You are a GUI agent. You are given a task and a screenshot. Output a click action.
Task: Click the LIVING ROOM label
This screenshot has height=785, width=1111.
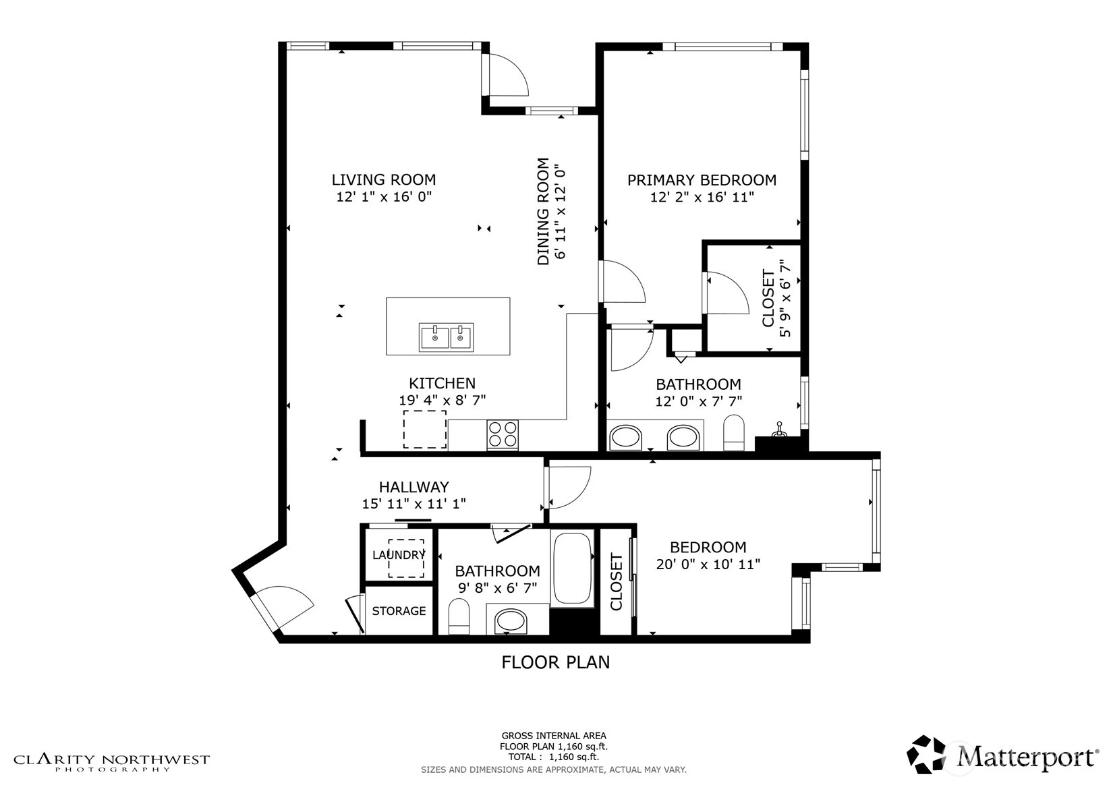[383, 179]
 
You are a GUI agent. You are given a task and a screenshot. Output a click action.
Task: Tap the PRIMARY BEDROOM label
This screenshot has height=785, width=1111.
[702, 180]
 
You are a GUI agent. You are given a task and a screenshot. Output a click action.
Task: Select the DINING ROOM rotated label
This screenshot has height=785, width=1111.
[544, 211]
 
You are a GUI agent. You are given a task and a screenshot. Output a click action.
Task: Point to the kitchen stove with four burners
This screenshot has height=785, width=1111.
[503, 435]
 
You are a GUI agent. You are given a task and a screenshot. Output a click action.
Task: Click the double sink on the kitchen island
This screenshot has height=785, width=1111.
[447, 337]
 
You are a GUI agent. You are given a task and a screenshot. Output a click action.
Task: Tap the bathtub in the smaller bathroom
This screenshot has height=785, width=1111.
[572, 569]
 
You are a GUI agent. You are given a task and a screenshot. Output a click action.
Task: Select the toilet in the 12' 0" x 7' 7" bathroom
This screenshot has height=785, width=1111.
[734, 432]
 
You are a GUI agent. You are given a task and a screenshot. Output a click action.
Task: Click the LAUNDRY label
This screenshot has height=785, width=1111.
[399, 555]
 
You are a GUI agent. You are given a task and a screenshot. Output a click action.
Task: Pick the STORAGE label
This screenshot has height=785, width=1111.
[399, 611]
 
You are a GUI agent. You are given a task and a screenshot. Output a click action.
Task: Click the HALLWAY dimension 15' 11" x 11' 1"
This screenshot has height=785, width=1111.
[414, 504]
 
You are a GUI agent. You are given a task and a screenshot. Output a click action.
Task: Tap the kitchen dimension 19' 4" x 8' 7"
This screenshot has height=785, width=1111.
[442, 400]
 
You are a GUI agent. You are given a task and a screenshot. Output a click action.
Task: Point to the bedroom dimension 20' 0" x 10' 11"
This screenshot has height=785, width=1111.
[708, 564]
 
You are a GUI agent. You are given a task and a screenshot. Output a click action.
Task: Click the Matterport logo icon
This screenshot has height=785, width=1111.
[926, 754]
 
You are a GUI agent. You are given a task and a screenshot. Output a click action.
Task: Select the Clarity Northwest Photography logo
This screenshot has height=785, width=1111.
[111, 762]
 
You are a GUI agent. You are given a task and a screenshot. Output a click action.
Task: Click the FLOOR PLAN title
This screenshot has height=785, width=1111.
[556, 662]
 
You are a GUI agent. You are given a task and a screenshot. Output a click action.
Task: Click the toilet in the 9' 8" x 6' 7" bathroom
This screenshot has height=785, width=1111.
[459, 616]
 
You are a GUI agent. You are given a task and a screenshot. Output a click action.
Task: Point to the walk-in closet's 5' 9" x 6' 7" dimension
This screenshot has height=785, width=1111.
[785, 299]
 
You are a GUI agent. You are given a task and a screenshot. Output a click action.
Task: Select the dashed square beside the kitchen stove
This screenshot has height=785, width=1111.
[424, 430]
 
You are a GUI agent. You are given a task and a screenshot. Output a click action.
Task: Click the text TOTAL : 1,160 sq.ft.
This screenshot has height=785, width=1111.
[554, 757]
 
